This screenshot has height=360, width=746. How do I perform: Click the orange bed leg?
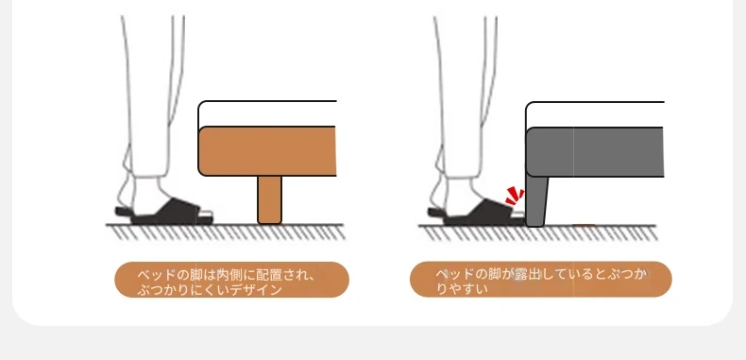pyautogui.click(x=269, y=199)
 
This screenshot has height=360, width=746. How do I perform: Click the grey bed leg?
pyautogui.click(x=536, y=200)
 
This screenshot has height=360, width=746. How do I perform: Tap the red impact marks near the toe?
pyautogui.click(x=515, y=197)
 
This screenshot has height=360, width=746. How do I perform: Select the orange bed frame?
pyautogui.click(x=267, y=151)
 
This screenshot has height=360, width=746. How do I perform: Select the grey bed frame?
pyautogui.click(x=594, y=152)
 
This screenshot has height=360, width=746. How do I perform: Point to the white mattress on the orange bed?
pyautogui.click(x=267, y=113)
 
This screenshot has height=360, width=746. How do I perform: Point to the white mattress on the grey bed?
pyautogui.click(x=595, y=114)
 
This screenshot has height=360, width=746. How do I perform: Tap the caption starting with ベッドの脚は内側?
pyautogui.click(x=231, y=280)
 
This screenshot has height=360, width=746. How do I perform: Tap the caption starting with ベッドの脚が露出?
pyautogui.click(x=541, y=279)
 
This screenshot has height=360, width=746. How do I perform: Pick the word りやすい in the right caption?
pyautogui.click(x=462, y=288)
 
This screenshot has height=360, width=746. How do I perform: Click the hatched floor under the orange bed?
pyautogui.click(x=225, y=231)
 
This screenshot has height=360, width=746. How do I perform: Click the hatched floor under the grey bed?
pyautogui.click(x=538, y=232)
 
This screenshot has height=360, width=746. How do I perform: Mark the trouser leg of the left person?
pyautogui.click(x=153, y=96)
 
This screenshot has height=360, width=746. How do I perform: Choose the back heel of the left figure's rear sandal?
pyautogui.click(x=123, y=212)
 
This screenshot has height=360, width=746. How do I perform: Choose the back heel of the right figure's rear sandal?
pyautogui.click(x=435, y=213)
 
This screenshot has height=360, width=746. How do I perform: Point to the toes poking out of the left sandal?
pyautogui.click(x=205, y=215)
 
